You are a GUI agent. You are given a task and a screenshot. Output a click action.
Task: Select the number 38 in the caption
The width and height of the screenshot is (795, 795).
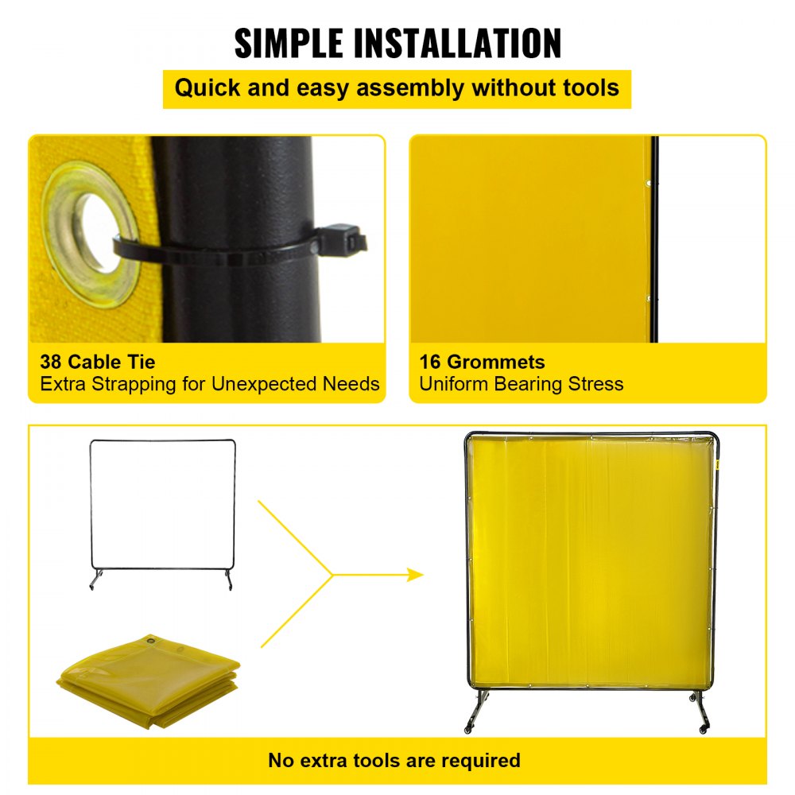[x=52, y=363]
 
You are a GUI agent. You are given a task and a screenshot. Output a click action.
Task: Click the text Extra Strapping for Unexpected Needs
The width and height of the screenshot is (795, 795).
[x=210, y=384]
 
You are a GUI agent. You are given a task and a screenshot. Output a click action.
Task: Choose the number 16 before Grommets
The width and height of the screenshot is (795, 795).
[x=430, y=363]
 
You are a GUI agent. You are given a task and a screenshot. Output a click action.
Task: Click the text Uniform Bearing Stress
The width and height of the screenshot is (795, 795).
[x=521, y=384]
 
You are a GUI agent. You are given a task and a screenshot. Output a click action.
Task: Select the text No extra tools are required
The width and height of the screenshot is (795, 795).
[x=394, y=760]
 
